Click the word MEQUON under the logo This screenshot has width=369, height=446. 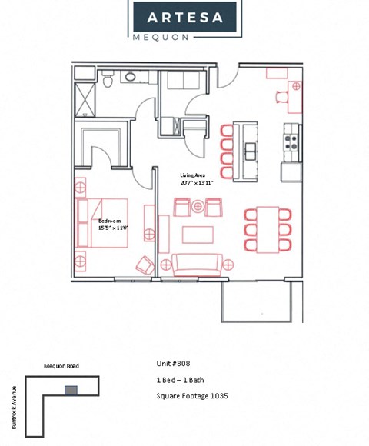(184, 35)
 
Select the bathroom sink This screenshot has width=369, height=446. (130, 75)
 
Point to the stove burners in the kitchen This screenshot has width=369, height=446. (291, 142)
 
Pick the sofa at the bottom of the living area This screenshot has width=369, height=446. (198, 264)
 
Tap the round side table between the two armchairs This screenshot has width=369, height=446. (198, 206)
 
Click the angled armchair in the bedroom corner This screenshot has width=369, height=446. (144, 265)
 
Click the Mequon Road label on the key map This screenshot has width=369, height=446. (61, 366)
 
